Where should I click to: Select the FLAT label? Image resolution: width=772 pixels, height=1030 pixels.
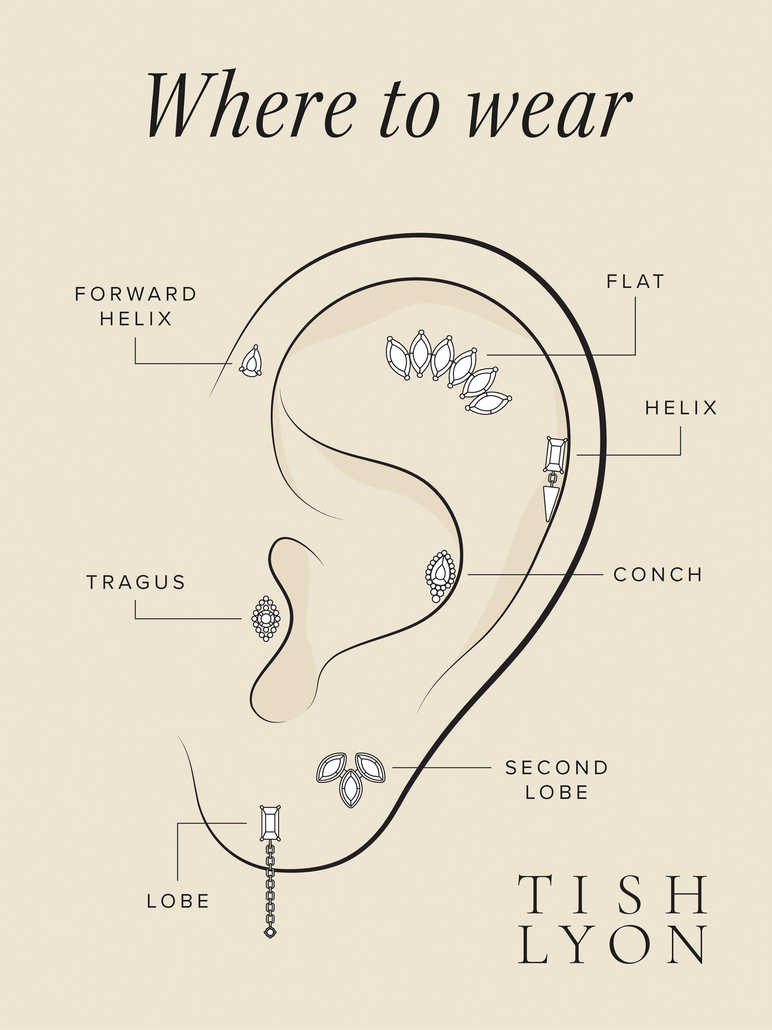(635, 282)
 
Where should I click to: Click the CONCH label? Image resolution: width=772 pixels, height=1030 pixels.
(657, 575)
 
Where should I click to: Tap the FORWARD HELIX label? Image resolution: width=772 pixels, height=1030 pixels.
(136, 306)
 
